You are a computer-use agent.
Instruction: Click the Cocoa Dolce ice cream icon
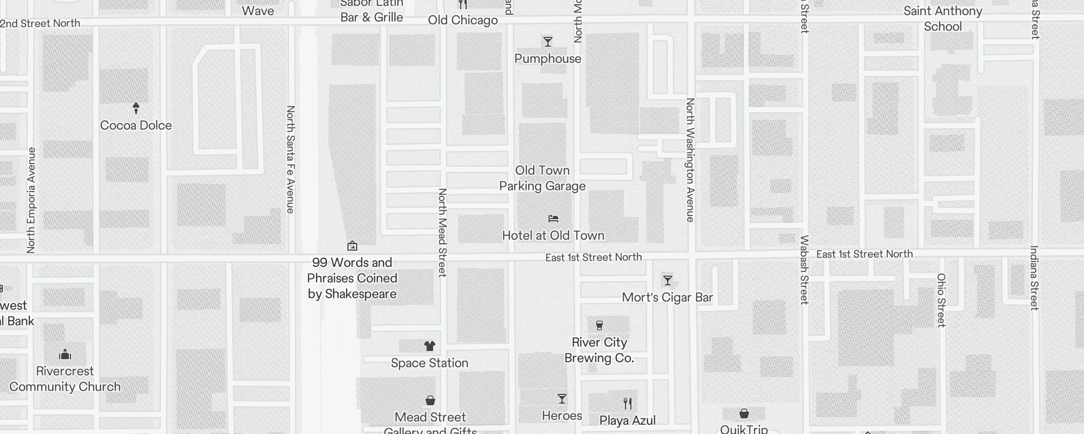click(x=136, y=108)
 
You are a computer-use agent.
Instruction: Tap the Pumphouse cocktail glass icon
click(x=548, y=42)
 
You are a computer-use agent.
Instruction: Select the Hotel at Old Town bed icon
click(x=553, y=219)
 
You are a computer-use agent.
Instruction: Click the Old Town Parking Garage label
click(x=542, y=178)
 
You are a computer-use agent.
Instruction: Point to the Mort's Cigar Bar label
click(x=667, y=297)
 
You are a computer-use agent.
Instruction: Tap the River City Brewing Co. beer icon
click(x=599, y=325)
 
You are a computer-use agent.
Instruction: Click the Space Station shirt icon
click(x=430, y=346)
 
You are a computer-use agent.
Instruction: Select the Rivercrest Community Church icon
click(x=65, y=355)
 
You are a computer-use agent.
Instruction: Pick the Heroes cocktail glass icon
click(x=562, y=399)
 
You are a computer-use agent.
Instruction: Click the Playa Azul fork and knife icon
click(x=628, y=404)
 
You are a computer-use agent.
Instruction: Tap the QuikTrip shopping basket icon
click(x=744, y=414)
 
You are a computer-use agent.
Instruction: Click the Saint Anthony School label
click(x=943, y=18)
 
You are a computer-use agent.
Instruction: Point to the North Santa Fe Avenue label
click(x=291, y=159)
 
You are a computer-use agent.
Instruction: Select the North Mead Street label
click(x=442, y=232)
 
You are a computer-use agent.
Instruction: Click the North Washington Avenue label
click(x=690, y=159)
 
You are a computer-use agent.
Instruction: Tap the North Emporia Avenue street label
click(x=31, y=200)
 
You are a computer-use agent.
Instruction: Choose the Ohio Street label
click(x=941, y=300)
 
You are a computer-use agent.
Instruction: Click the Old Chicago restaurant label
click(x=462, y=21)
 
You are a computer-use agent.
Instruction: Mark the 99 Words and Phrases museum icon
click(x=352, y=246)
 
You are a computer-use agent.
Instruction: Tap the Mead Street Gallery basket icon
click(x=430, y=400)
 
